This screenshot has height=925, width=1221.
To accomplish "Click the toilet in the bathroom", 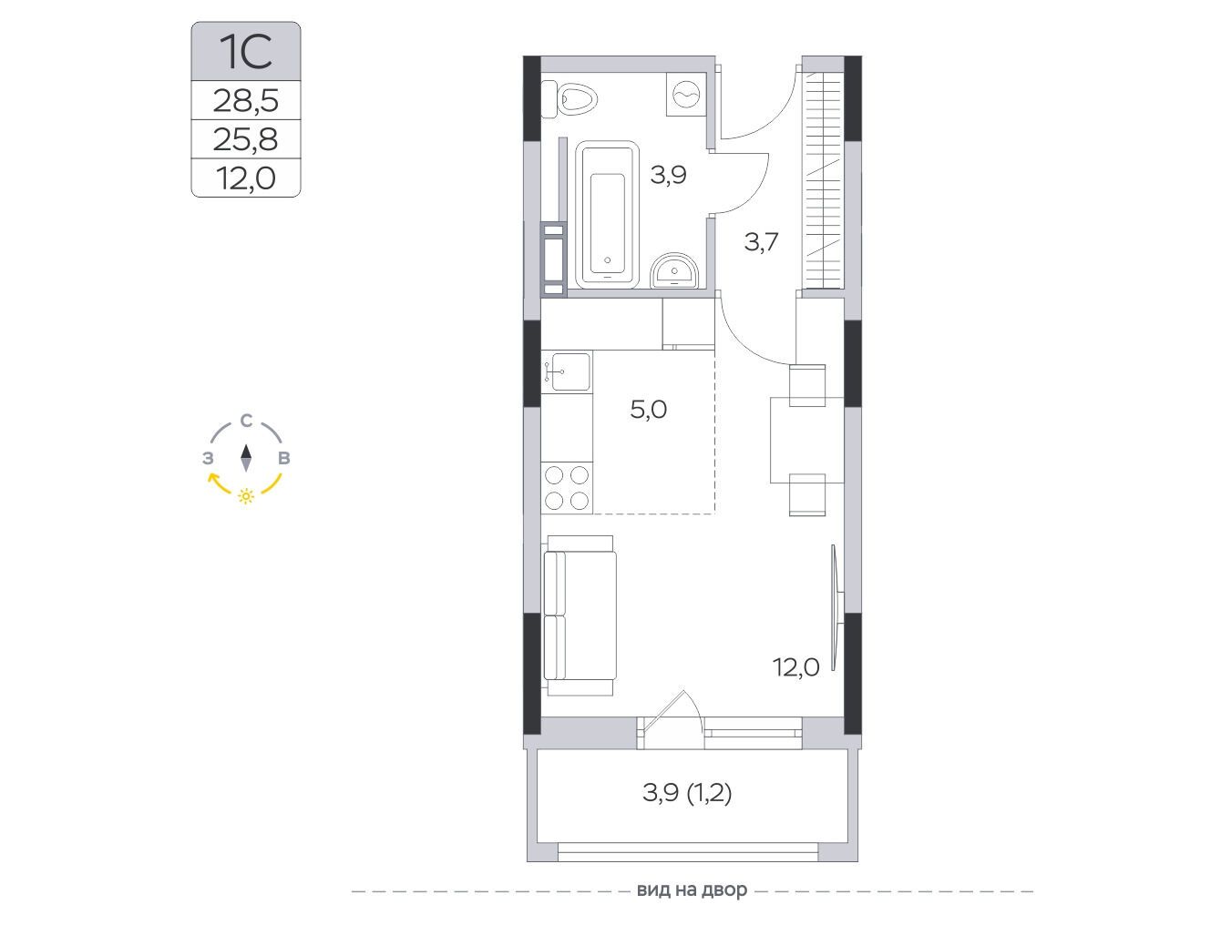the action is pyautogui.click(x=569, y=100).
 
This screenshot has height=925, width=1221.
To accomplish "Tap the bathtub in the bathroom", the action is pyautogui.click(x=607, y=215).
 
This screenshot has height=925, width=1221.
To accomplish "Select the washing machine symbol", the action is pyautogui.click(x=687, y=95).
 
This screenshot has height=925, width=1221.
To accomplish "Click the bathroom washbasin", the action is pyautogui.click(x=674, y=270).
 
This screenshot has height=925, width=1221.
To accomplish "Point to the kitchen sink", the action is pyautogui.click(x=566, y=371).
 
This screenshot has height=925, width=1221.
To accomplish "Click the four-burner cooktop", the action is pyautogui.click(x=567, y=488).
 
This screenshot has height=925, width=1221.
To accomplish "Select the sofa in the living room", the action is pyautogui.click(x=580, y=616).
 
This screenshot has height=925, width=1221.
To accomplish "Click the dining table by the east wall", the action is pyautogui.click(x=799, y=440).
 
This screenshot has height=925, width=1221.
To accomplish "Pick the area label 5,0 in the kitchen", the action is pyautogui.click(x=648, y=410).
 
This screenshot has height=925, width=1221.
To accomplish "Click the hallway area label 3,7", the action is pyautogui.click(x=761, y=242).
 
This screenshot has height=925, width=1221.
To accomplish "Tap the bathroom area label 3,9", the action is pyautogui.click(x=669, y=175).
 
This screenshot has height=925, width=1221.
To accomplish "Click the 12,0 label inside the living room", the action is pyautogui.click(x=795, y=667).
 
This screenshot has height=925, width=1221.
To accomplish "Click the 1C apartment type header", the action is pyautogui.click(x=246, y=52).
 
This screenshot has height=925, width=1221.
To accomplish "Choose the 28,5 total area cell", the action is pyautogui.click(x=246, y=101).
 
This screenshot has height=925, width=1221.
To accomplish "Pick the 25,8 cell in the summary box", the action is pyautogui.click(x=246, y=139).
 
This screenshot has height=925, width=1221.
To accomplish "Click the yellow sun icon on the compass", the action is pyautogui.click(x=246, y=496).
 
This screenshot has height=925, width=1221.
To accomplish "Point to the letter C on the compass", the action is pyautogui.click(x=246, y=422).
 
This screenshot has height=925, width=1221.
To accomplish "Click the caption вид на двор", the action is pyautogui.click(x=692, y=890).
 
